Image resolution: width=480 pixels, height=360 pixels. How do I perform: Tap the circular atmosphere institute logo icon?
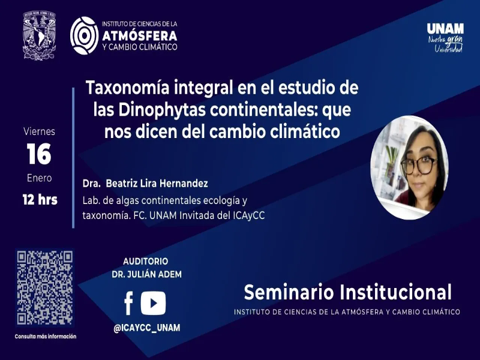[84, 35]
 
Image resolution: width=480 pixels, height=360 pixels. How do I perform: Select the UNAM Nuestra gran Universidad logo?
[445, 37]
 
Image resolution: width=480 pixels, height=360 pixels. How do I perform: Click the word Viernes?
[39, 131]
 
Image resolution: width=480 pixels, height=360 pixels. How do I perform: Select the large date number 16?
[39, 155]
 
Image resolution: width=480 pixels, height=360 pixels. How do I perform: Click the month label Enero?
[39, 178]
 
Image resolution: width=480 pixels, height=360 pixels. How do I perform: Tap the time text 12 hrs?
[40, 200]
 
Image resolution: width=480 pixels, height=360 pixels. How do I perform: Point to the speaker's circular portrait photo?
[409, 167]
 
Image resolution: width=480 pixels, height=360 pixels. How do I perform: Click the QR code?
[45, 287]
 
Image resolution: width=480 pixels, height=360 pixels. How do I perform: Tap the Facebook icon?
[128, 304]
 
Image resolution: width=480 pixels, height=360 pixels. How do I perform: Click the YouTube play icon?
[153, 303]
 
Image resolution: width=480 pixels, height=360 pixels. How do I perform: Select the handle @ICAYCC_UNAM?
[147, 328]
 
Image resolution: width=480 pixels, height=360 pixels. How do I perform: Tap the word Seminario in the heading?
[289, 293]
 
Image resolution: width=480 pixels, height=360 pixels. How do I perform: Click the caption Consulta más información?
[46, 337]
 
